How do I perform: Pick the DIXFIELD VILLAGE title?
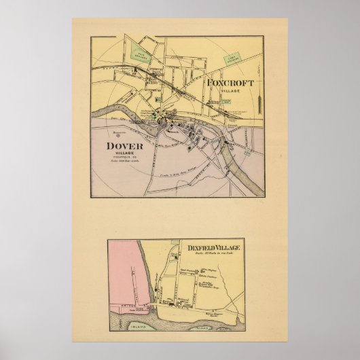tap(212, 249)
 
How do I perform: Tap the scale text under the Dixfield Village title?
tap(212, 257)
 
